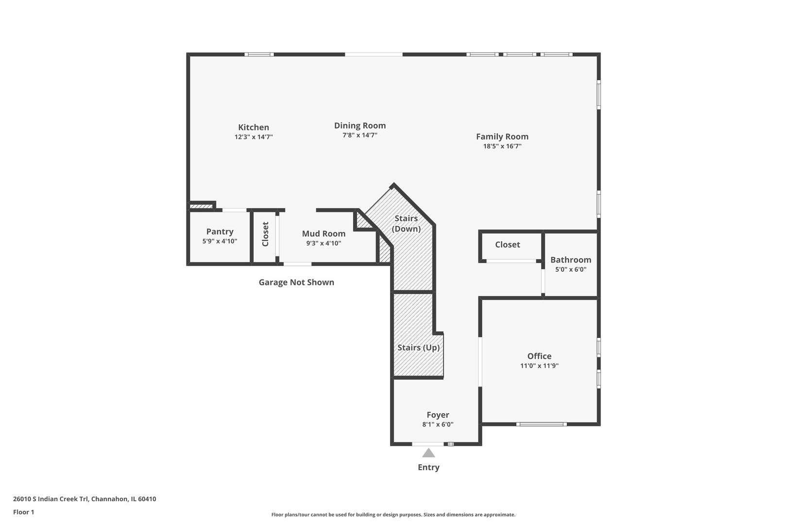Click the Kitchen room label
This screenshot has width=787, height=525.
253,127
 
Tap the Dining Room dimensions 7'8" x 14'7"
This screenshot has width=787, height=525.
359,136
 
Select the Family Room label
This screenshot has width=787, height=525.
502,137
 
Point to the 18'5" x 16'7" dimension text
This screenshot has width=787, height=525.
502,146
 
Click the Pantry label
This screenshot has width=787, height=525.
220,232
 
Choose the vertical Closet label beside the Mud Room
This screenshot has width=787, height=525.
265,234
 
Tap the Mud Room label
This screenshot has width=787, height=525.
324,234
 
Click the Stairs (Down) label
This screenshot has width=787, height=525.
406,223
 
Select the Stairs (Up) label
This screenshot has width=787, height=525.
418,348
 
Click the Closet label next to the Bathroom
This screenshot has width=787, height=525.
507,245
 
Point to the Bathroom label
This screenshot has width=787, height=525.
570,260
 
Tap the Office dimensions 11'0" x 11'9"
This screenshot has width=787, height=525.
539,366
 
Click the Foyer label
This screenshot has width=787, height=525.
438,415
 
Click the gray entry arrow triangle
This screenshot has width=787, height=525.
428,454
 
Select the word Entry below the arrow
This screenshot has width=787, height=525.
428,468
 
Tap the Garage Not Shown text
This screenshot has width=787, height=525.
296,282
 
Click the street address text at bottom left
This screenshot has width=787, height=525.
85,499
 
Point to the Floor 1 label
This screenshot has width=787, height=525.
23,512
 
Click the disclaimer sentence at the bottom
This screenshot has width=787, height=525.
393,514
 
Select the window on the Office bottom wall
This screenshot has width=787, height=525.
541,424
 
